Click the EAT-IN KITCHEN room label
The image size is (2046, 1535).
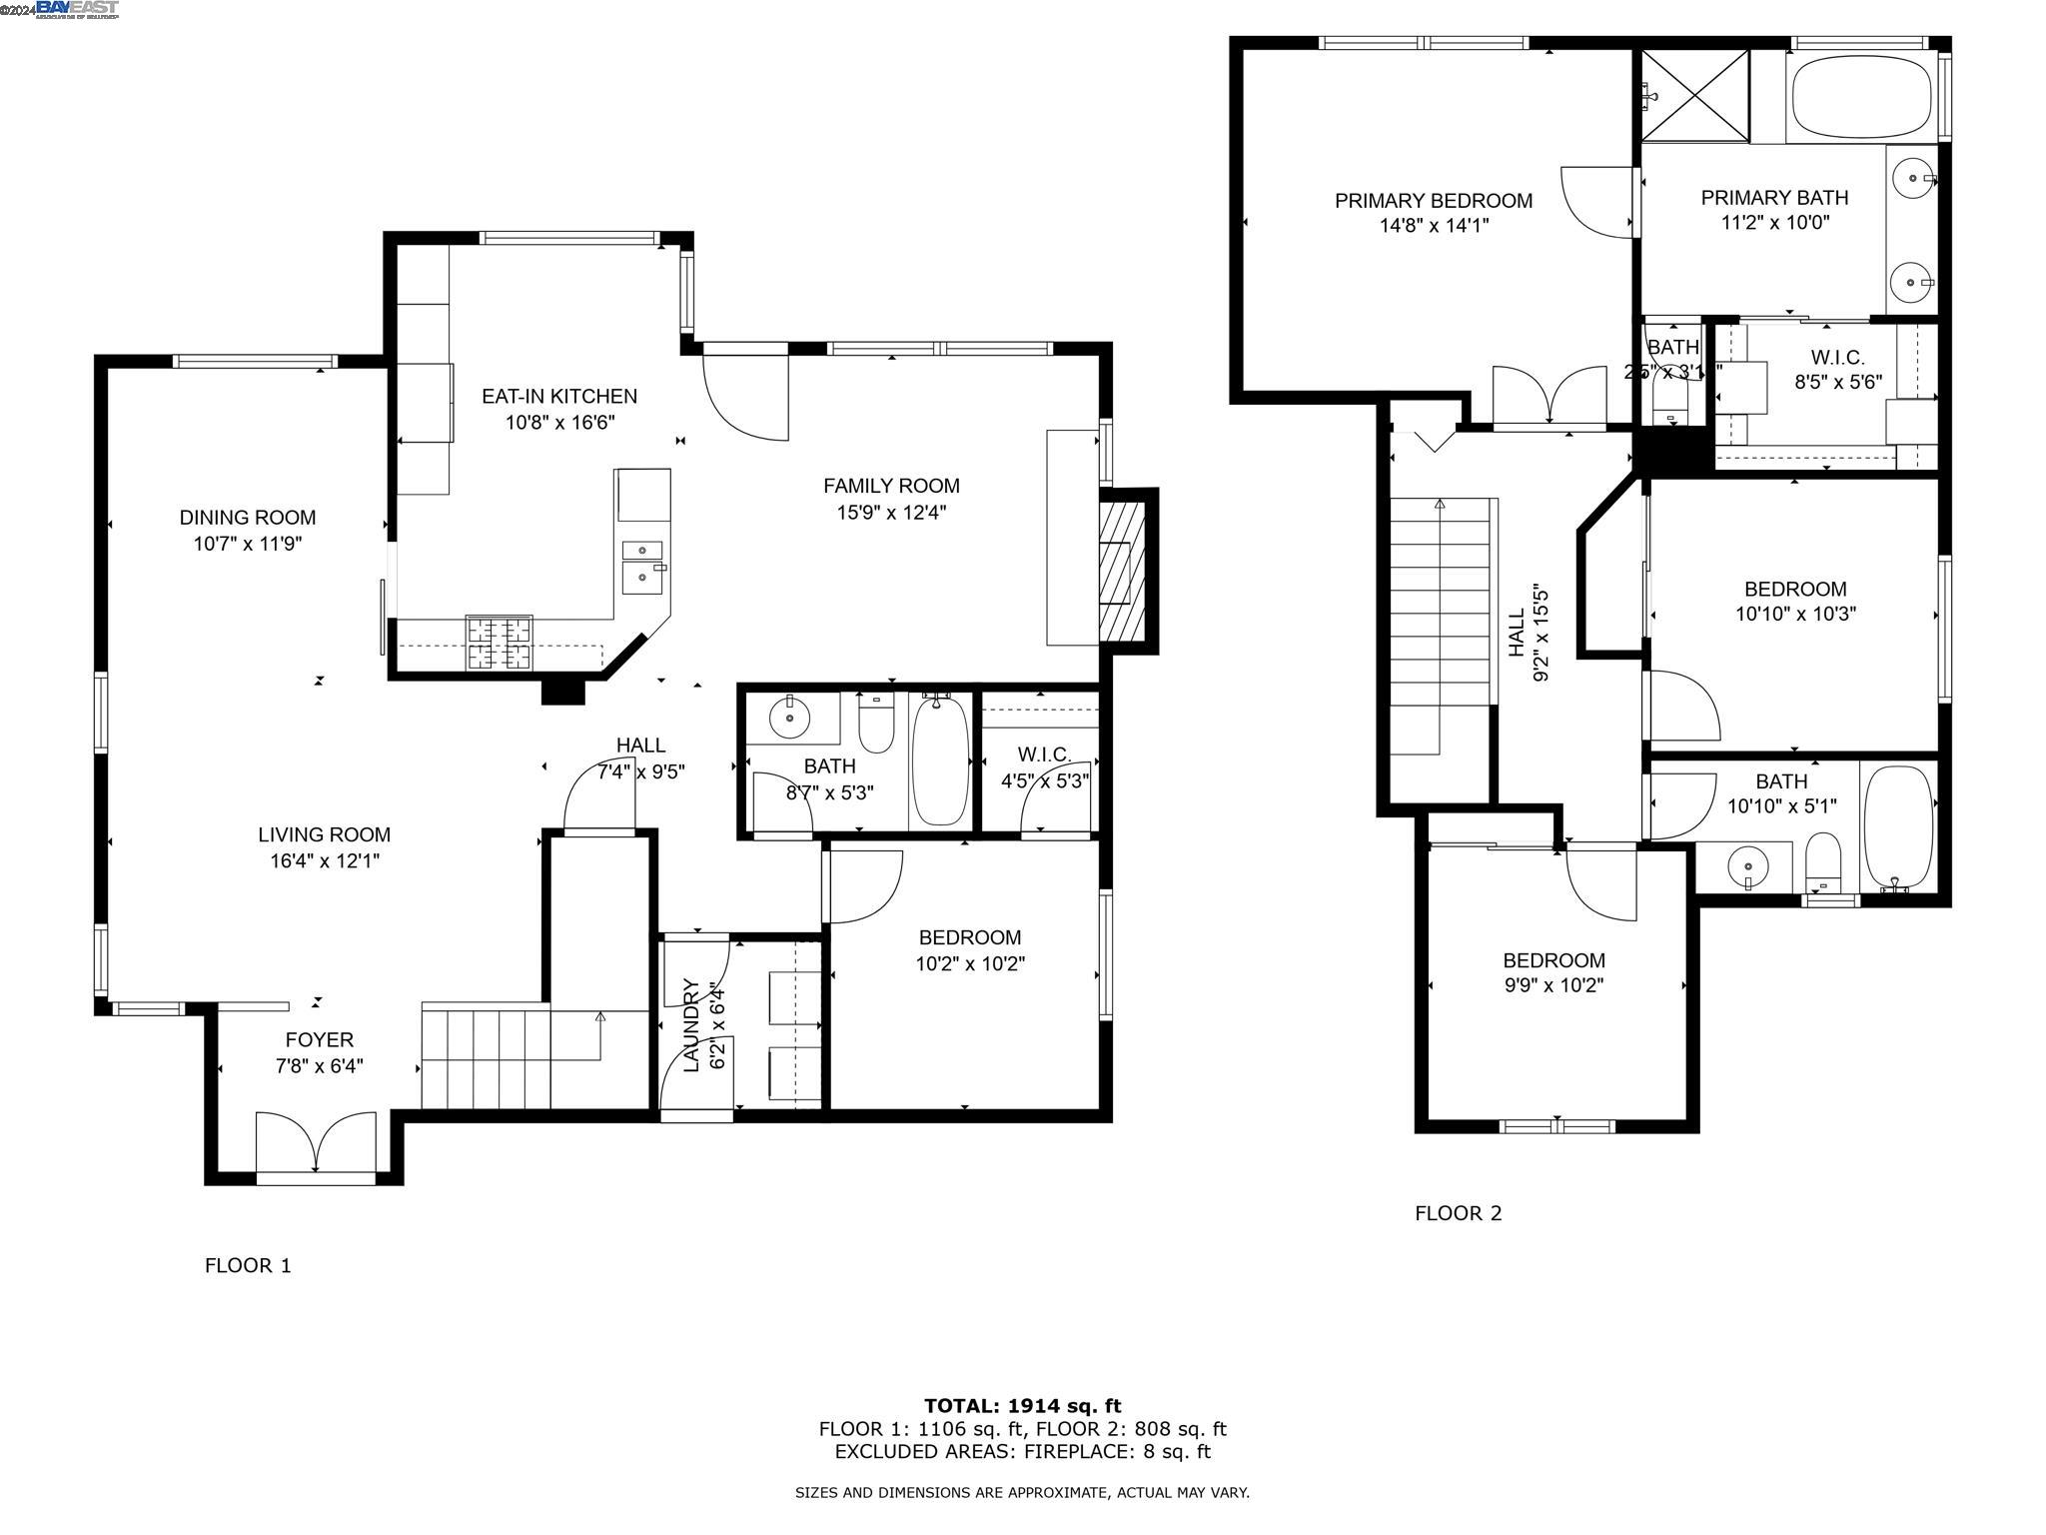[558, 397]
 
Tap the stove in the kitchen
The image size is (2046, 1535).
[499, 643]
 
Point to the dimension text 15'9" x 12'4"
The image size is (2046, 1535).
[891, 513]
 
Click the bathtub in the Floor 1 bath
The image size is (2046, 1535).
[940, 761]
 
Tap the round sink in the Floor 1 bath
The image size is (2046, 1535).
[789, 718]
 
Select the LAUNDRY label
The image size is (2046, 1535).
[690, 1025]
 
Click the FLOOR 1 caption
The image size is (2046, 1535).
[248, 1266]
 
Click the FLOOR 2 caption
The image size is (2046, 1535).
[1458, 1213]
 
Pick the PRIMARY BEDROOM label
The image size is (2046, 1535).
[1433, 201]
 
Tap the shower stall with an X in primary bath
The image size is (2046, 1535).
[1695, 96]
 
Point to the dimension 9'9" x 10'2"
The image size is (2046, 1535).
[1553, 985]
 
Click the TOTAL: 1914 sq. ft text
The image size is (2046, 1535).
[1022, 1406]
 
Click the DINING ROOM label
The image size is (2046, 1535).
[247, 518]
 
